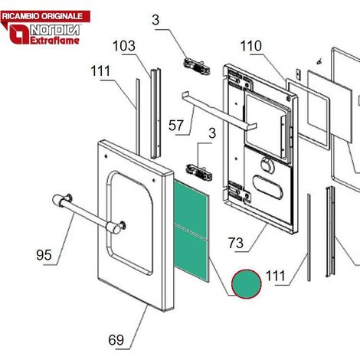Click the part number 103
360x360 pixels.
[x=124, y=46]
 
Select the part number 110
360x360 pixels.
[x=251, y=46]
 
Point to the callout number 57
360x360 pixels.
[x=176, y=126]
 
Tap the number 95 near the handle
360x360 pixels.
[x=44, y=255]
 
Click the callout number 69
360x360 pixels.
[x=116, y=340]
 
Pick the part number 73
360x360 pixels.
[x=236, y=243]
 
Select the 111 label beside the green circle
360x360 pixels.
[x=275, y=276]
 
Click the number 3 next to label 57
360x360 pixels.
[x=212, y=133]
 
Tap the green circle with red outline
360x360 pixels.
[x=247, y=284]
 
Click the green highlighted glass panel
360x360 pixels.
[x=191, y=230]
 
